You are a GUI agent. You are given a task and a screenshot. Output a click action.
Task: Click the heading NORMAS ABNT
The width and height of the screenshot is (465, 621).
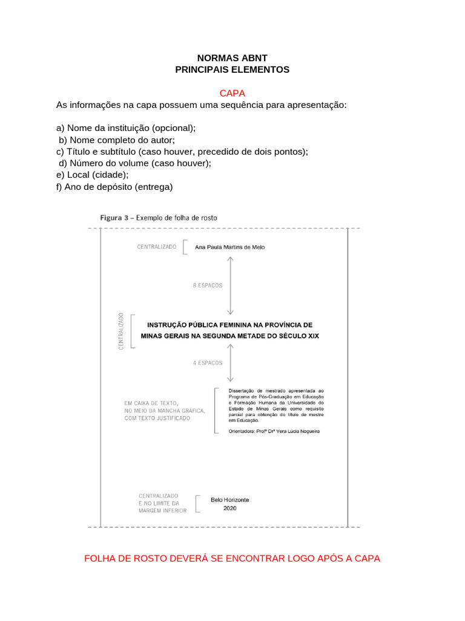click(x=232, y=58)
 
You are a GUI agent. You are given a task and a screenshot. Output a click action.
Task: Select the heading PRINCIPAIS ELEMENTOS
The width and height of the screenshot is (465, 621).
click(x=232, y=70)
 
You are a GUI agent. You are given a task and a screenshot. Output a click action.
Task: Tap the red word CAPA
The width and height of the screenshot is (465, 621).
click(x=232, y=93)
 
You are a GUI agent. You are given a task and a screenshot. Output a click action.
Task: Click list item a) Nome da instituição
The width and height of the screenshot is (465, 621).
click(x=126, y=129)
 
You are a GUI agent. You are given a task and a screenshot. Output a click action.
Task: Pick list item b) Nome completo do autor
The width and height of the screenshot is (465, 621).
click(x=117, y=140)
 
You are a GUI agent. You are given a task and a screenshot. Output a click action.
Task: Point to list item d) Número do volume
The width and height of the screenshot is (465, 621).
click(x=135, y=164)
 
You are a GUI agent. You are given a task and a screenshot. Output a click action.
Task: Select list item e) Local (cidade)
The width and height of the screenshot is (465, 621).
click(x=92, y=175)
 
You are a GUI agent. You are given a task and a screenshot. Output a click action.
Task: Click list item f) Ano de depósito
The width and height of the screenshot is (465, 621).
click(x=114, y=187)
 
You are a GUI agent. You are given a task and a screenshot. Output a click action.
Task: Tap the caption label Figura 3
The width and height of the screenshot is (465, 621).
click(x=113, y=217)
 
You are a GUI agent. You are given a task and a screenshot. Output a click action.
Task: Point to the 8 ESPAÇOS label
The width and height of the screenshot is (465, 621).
click(x=208, y=285)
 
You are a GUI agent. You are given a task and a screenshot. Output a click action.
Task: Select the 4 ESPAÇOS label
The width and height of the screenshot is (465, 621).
click(x=208, y=363)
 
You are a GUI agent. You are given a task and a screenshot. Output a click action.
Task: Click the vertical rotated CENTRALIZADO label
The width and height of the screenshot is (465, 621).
click(x=121, y=331)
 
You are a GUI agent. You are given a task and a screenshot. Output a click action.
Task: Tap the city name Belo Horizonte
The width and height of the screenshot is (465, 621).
click(x=229, y=500)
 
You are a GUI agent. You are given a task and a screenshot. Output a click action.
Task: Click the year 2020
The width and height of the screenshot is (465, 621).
click(x=229, y=509)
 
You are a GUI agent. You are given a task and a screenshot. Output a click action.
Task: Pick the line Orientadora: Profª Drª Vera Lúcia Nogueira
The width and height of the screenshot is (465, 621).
click(x=274, y=431)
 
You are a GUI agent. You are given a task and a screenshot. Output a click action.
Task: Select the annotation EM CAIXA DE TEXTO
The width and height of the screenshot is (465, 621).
click(x=151, y=403)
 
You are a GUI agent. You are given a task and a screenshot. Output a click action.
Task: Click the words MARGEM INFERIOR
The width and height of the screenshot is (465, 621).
click(x=162, y=511)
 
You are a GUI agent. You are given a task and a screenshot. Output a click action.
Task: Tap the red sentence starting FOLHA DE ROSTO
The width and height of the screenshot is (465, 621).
click(x=232, y=559)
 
